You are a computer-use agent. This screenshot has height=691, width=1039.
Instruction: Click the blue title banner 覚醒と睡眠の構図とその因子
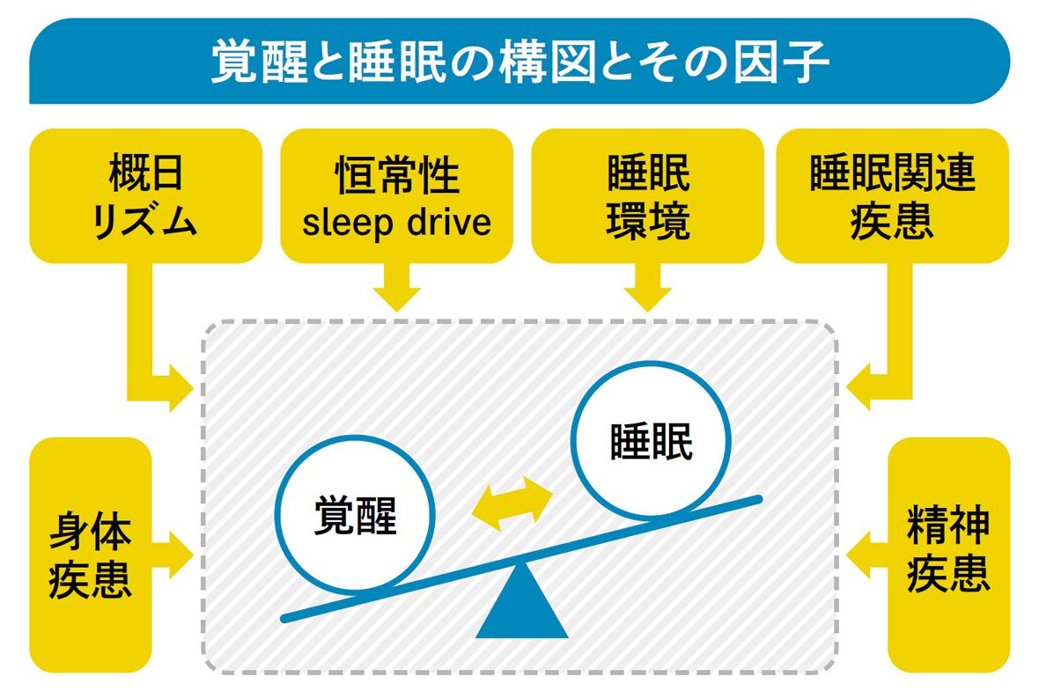click(519, 62)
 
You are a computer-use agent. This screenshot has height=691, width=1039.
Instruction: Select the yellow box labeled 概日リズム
click(145, 195)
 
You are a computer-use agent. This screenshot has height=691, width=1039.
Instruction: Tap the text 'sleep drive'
click(396, 222)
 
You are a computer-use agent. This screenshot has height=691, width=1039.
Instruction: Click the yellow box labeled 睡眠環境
click(648, 195)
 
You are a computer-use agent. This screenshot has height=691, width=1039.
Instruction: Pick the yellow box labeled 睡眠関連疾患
click(892, 195)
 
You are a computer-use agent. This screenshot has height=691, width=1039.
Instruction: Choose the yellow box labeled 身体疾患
click(90, 555)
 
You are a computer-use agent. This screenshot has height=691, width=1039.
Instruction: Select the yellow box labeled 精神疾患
click(948, 555)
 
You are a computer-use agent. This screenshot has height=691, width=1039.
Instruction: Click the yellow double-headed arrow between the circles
click(512, 504)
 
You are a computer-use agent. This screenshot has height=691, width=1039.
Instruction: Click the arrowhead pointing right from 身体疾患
click(181, 555)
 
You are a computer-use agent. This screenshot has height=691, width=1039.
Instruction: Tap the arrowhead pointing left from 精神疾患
click(858, 555)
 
